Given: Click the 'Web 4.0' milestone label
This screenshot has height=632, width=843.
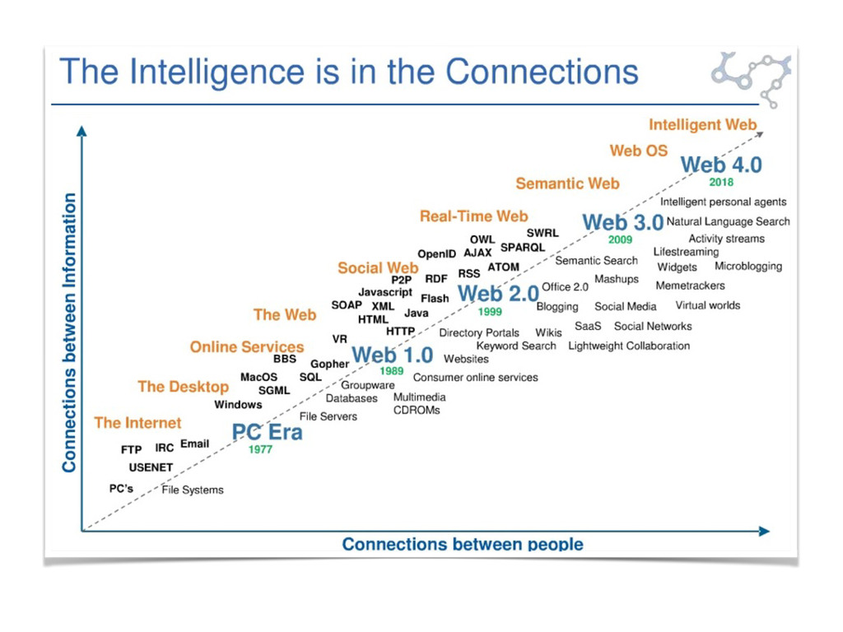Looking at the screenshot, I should (x=721, y=165).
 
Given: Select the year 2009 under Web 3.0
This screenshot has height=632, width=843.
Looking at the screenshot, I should (x=621, y=240).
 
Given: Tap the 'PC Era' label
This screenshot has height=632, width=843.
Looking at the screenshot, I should (x=268, y=432).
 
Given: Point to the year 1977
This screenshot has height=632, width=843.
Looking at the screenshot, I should (x=260, y=449).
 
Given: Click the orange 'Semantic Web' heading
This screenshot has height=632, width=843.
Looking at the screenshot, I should (x=567, y=184).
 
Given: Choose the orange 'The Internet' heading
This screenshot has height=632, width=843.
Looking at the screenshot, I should (x=137, y=423).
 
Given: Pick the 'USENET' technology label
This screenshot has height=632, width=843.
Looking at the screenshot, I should (x=151, y=467).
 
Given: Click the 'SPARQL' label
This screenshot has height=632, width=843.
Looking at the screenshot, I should (x=523, y=248).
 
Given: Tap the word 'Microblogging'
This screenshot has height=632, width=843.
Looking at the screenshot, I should (x=748, y=267).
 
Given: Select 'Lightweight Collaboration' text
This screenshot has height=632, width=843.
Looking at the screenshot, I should (x=629, y=346).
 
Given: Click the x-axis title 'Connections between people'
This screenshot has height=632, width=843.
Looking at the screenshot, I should (x=463, y=544).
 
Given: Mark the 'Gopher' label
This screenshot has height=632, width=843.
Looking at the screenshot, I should (x=329, y=365).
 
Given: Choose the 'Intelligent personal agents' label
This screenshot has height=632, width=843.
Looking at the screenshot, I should (x=723, y=202).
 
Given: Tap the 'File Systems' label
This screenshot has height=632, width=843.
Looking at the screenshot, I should (x=193, y=490).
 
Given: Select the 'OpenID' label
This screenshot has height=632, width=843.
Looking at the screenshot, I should (x=436, y=254).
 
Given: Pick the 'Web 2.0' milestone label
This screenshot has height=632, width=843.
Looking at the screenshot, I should (x=498, y=294).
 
